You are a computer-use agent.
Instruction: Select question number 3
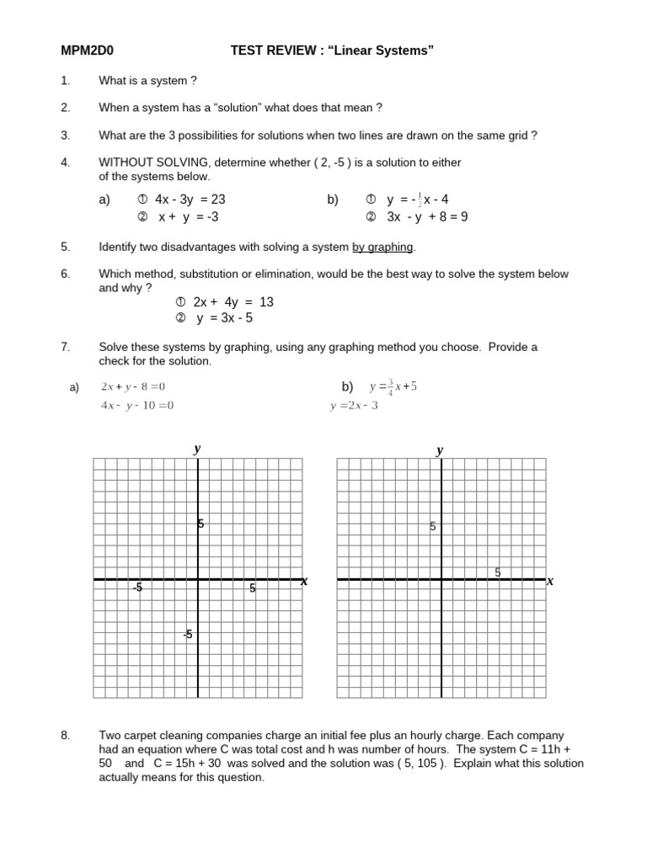click(x=66, y=135)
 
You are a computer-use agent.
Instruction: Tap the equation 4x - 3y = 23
click(x=190, y=200)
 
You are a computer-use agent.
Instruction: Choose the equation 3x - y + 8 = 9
click(x=427, y=216)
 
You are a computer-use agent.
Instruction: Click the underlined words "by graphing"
click(x=382, y=247)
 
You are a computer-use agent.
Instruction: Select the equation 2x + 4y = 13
click(x=233, y=302)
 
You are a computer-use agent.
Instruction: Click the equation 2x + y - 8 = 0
click(x=133, y=387)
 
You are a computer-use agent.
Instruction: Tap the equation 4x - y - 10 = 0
click(x=137, y=406)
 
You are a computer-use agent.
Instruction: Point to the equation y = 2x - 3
click(x=355, y=406)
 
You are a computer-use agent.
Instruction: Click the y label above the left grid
click(x=197, y=450)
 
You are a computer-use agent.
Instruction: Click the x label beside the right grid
click(x=550, y=581)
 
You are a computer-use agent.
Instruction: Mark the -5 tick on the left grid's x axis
click(x=137, y=588)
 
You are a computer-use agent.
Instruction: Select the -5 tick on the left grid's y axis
click(x=188, y=635)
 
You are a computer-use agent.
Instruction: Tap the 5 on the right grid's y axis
click(x=432, y=527)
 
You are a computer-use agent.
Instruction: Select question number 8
click(x=66, y=736)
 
